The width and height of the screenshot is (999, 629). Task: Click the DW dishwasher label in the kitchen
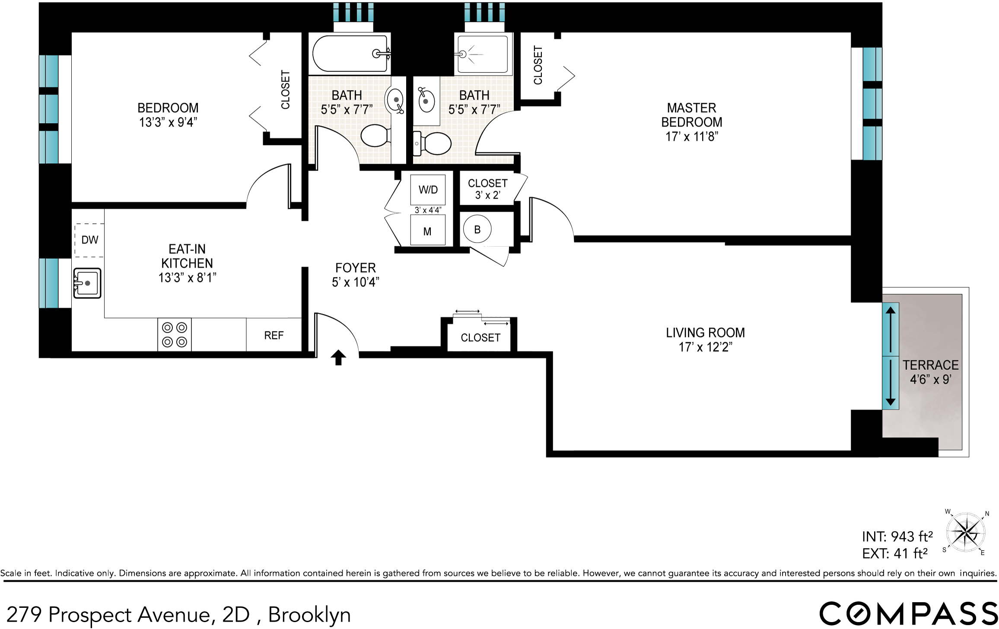tap(89, 240)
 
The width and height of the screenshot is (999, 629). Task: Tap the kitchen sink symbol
tap(87, 283)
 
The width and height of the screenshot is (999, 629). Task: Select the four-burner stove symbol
tap(175, 335)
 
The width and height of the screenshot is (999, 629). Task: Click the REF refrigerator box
tap(274, 335)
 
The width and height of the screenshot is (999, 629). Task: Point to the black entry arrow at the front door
tap(338, 357)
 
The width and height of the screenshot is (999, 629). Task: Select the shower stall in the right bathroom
tap(482, 54)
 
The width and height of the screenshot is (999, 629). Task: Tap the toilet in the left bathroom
tap(375, 135)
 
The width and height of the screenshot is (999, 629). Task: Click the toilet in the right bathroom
tap(433, 143)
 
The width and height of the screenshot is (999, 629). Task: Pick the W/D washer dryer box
tap(428, 190)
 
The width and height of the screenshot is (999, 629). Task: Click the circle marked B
tap(477, 229)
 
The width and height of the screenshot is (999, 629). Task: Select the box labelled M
tap(427, 232)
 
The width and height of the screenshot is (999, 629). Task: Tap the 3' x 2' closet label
tap(487, 189)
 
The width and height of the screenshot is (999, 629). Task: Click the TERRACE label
tap(930, 365)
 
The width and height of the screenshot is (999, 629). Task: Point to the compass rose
tap(965, 532)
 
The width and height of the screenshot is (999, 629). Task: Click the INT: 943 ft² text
tap(897, 537)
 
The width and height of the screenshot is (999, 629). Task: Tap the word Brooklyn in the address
tap(309, 614)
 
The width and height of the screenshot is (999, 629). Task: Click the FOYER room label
tap(356, 268)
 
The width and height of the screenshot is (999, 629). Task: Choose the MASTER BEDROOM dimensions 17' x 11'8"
tap(692, 137)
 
